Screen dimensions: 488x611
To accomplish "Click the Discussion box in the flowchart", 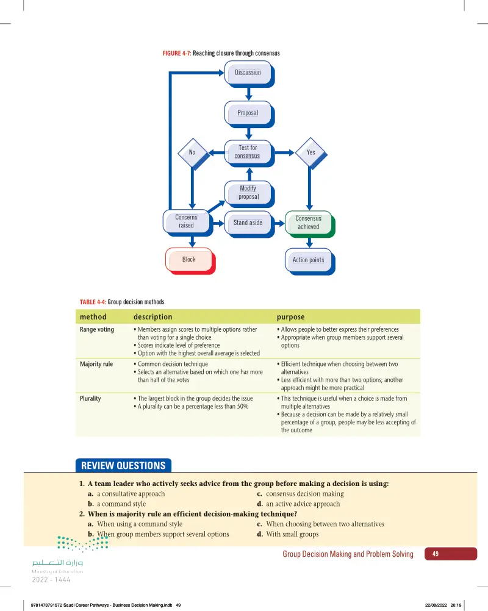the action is (249, 74).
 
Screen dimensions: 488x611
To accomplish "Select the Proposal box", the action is (249, 114).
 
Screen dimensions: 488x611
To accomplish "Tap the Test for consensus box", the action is (249, 153).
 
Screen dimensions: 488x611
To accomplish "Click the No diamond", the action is (193, 154).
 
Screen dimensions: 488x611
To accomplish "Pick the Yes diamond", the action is (311, 153).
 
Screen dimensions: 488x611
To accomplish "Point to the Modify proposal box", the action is (249, 194).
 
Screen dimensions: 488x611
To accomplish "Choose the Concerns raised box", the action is (187, 223).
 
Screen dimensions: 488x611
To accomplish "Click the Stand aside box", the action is (249, 224).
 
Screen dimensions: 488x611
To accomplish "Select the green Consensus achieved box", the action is (310, 224).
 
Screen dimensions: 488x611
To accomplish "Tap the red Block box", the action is (190, 261).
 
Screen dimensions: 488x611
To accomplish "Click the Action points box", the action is (310, 262).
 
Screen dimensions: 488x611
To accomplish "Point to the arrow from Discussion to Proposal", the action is (249, 93).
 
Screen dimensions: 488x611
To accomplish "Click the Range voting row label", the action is (97, 329).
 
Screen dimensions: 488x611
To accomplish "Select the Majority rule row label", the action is (96, 364).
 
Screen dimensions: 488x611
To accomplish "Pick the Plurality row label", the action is (90, 398).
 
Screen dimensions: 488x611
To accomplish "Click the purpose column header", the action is (291, 317).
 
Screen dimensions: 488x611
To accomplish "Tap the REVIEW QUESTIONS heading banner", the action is (123, 465).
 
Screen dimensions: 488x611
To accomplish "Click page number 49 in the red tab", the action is (436, 554).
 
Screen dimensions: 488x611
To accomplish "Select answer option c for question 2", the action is (320, 524).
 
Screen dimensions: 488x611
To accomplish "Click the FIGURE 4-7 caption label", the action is (176, 53).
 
